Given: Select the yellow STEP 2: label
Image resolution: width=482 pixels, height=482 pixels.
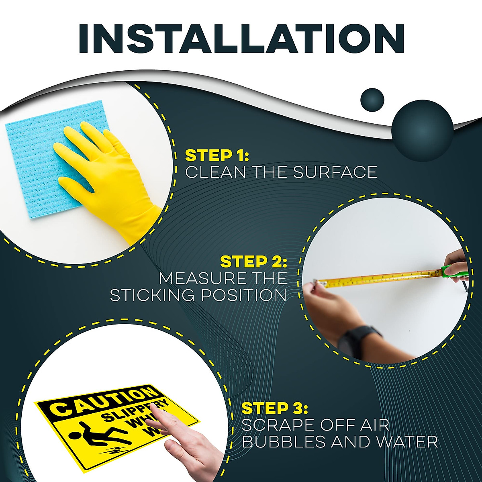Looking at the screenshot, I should (x=253, y=261).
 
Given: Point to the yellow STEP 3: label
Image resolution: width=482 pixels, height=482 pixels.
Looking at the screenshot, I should (x=274, y=408).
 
